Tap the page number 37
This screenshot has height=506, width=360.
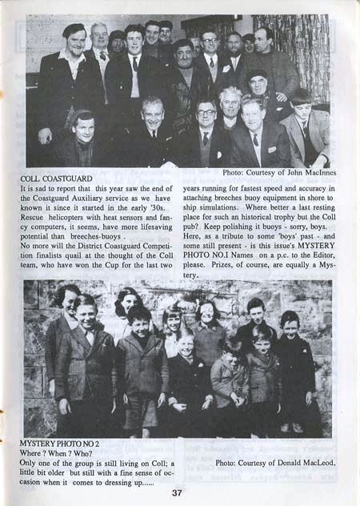coord(177,492)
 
